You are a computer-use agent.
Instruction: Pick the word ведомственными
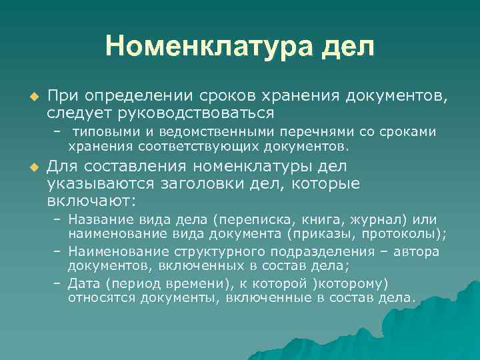(x=224, y=133)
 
